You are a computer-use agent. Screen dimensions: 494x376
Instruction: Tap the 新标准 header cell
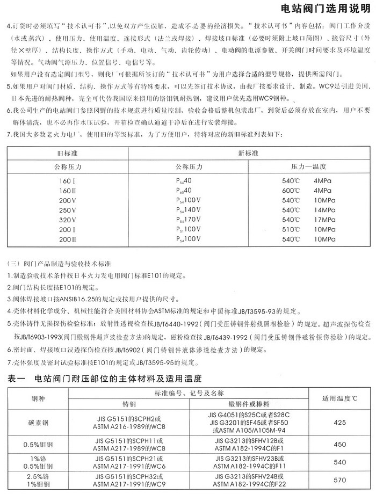(245, 152)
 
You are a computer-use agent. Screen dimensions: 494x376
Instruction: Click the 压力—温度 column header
(309, 166)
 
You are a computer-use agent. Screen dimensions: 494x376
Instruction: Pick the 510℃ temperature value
(291, 230)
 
